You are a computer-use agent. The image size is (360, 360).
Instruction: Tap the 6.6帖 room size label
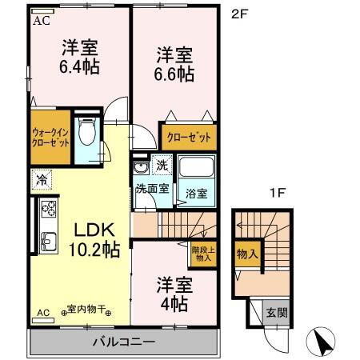click(174, 74)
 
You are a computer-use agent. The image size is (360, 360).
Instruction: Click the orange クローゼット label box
click(189, 137)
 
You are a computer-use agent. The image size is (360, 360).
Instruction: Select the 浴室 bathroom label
click(197, 193)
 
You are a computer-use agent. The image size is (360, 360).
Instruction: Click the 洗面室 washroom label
click(150, 189)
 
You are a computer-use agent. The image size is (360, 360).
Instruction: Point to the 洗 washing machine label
click(161, 166)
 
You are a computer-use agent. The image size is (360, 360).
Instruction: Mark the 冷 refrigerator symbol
click(39, 180)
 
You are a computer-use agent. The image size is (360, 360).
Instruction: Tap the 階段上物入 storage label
click(202, 254)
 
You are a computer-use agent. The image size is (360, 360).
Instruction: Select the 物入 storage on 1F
click(247, 254)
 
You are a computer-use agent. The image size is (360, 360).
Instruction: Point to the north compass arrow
click(322, 341)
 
